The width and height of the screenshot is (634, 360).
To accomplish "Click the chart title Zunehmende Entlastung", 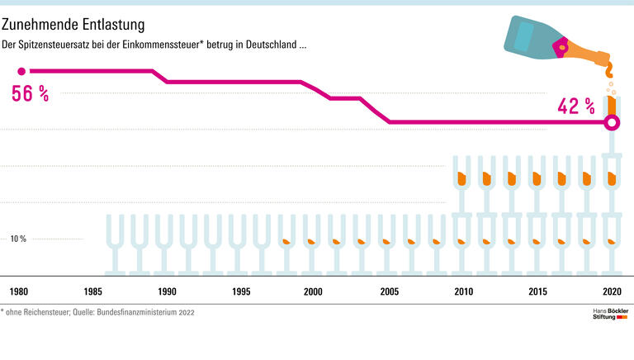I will (x=73, y=24).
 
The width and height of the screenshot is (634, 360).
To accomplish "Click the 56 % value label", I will (x=31, y=94).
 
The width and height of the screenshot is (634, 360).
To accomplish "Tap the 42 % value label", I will (x=576, y=106).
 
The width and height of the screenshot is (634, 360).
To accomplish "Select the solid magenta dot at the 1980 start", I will (x=21, y=71).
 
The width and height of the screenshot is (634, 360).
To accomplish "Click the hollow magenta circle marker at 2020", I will (x=612, y=123).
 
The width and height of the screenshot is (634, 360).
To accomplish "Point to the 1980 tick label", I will (x=19, y=291).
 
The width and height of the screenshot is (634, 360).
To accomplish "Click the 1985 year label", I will (x=92, y=291).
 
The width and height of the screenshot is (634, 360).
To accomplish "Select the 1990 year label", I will (x=167, y=291).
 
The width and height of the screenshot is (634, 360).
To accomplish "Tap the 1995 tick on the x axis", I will (x=241, y=291).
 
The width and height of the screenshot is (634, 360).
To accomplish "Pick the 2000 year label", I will (x=313, y=291).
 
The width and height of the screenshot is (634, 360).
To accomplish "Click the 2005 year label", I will (x=388, y=291).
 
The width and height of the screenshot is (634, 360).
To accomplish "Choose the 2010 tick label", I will (x=464, y=291).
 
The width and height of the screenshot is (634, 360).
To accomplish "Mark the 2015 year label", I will (x=538, y=291).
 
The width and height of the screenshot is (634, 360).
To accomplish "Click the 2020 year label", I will (x=612, y=291).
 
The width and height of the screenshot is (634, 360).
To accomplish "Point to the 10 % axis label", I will (x=18, y=239).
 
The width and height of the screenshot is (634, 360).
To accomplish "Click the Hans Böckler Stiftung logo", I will (x=611, y=316).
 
